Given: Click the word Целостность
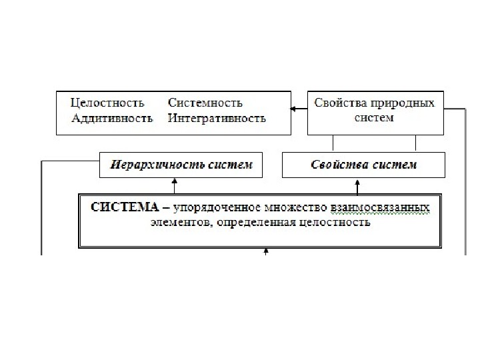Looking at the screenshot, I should [107, 103].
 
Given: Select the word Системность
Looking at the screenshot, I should [205, 103].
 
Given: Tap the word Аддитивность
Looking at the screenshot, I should [112, 118].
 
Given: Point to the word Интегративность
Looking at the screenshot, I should [217, 118].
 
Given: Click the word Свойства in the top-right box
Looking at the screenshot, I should [337, 103].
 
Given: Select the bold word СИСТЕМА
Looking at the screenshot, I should [123, 207].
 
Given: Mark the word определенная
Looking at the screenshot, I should [253, 223].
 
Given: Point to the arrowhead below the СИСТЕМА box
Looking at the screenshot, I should [266, 251].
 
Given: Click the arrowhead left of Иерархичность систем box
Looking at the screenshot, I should [96, 160].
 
